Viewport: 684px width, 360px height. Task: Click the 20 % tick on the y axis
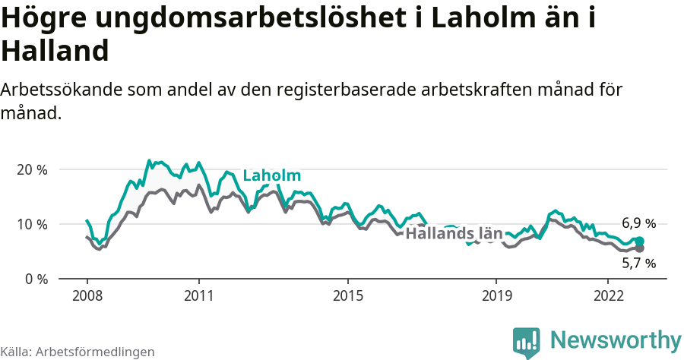point(32,169)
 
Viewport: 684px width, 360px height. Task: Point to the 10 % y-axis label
point(32,224)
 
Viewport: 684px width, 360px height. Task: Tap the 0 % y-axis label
point(35,279)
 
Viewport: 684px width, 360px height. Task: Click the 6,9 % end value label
point(638,223)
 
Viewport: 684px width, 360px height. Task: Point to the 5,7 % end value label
point(638,264)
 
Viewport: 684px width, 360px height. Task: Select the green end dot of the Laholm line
point(640,241)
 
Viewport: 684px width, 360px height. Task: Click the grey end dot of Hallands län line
point(640,248)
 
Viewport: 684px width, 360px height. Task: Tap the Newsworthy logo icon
point(527,341)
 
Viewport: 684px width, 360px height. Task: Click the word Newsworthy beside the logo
point(616,339)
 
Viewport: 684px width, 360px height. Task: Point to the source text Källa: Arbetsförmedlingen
point(78,352)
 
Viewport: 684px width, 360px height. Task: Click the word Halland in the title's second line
point(55,51)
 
